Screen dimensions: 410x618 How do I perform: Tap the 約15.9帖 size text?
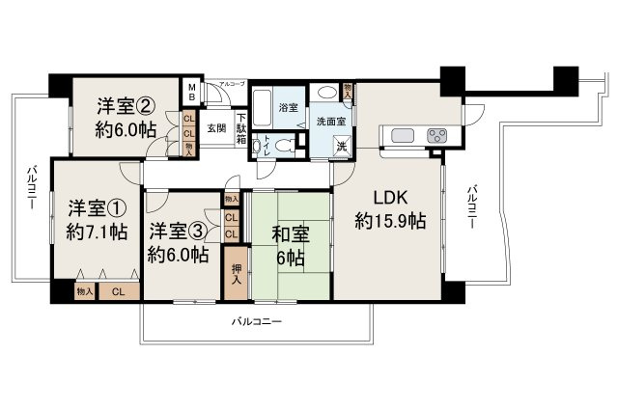click(390, 221)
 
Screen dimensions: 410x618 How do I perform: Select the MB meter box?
click(191, 94)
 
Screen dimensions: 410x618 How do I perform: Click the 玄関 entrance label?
click(216, 127)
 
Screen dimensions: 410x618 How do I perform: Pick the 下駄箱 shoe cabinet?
click(241, 126)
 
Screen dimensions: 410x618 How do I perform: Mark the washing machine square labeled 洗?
click(342, 146)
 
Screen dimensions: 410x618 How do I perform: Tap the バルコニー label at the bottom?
click(256, 321)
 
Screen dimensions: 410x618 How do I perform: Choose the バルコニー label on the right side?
click(470, 205)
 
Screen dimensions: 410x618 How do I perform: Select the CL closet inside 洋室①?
click(118, 290)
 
